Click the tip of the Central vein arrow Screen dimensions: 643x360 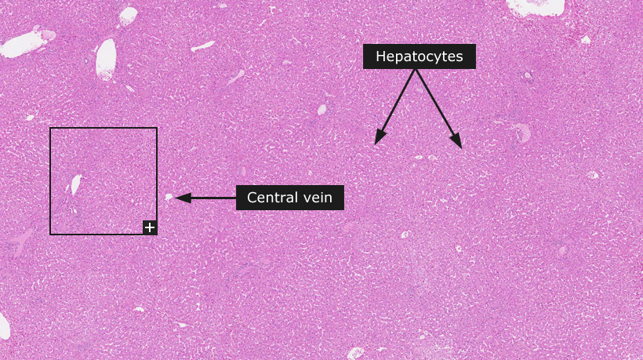pyautogui.click(x=175, y=198)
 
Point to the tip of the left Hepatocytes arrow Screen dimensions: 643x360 pyautogui.click(x=376, y=144)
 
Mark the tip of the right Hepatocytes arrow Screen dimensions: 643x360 pyautogui.click(x=462, y=148)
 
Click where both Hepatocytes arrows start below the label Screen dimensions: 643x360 pyautogui.click(x=416, y=69)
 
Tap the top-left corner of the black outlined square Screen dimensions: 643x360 pyautogui.click(x=50, y=128)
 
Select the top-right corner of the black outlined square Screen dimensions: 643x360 pyautogui.click(x=157, y=128)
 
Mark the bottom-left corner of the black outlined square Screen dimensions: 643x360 pyautogui.click(x=50, y=235)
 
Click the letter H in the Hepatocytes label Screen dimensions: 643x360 pyautogui.click(x=380, y=56)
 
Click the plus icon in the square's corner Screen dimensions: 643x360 pyautogui.click(x=150, y=227)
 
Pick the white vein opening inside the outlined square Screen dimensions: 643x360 pyautogui.click(x=76, y=184)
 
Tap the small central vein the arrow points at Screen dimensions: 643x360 pyautogui.click(x=169, y=197)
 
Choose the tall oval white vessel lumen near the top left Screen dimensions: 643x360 pyautogui.click(x=106, y=60)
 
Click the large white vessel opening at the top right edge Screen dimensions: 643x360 pyautogui.click(x=535, y=6)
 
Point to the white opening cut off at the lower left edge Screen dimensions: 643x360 pyautogui.click(x=4, y=326)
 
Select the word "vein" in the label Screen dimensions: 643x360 pyautogui.click(x=318, y=198)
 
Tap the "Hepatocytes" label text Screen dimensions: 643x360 pyautogui.click(x=419, y=56)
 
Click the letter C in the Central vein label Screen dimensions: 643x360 pyautogui.click(x=252, y=198)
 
